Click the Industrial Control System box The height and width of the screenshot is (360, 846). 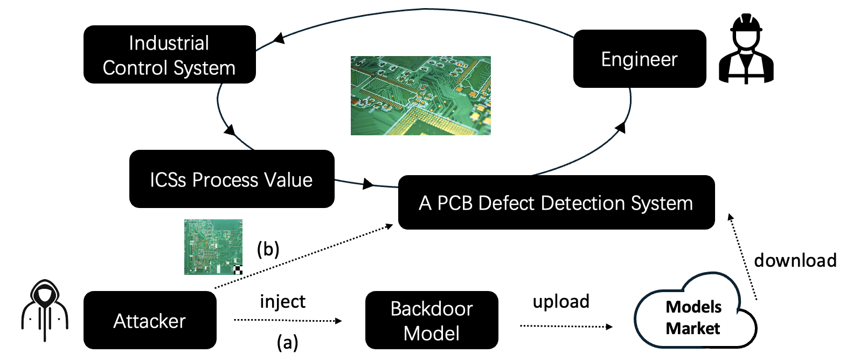point(169,54)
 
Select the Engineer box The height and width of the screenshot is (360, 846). point(639,59)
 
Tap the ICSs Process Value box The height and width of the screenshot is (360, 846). point(231,179)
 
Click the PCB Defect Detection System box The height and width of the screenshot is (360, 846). point(556,203)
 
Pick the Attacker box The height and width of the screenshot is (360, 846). point(150,320)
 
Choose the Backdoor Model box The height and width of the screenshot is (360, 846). point(431,320)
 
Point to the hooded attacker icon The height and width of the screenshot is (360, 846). point(45,311)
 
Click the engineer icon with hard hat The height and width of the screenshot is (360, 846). point(746,50)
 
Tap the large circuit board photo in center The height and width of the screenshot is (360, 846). point(420,95)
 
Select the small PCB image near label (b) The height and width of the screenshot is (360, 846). point(213,247)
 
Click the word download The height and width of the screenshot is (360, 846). point(795,260)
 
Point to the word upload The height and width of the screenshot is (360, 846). point(561,301)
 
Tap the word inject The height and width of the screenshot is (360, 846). point(282,301)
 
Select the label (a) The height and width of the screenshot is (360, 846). point(287,342)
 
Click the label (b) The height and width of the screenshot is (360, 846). point(268,248)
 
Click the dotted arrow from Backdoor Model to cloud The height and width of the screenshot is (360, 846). point(566,326)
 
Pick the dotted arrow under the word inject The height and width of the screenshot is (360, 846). point(287,321)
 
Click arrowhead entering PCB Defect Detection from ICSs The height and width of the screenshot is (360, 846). point(369,184)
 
